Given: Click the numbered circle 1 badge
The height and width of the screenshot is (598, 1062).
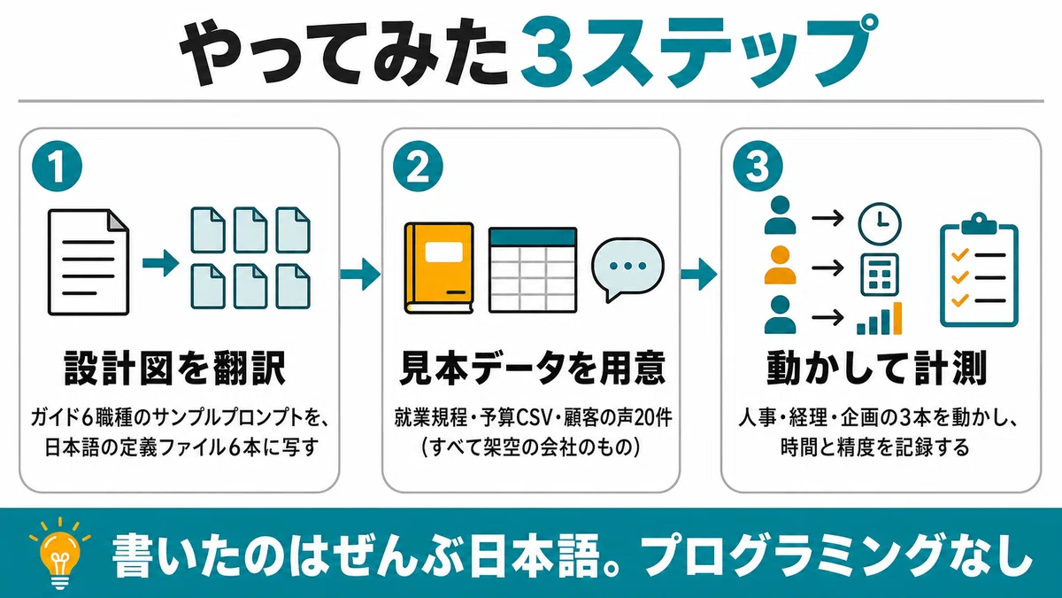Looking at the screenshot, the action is (58, 167).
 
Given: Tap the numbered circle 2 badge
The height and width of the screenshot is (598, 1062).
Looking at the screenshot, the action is (418, 167).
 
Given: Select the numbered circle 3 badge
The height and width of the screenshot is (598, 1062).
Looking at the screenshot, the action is (758, 167).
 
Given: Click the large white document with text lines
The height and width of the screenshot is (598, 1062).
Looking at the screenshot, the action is (88, 262).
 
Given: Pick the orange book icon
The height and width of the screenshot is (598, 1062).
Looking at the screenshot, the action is (439, 268).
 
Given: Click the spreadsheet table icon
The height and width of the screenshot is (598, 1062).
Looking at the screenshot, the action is (533, 269).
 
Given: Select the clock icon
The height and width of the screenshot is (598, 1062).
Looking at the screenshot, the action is (880, 224).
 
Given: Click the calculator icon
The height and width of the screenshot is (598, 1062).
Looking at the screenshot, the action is (880, 275).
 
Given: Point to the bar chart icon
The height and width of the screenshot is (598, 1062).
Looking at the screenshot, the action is (880, 318).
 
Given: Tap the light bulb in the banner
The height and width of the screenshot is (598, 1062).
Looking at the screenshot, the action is (60, 553).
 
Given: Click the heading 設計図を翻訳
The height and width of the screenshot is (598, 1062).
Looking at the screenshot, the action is (175, 368).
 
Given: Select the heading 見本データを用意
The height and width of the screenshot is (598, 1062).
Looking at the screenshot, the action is (532, 368).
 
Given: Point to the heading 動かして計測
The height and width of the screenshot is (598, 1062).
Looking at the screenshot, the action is (877, 368).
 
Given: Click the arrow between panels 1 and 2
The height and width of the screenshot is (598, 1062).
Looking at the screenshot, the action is (360, 274).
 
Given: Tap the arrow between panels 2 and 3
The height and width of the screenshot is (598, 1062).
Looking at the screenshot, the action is (699, 274).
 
